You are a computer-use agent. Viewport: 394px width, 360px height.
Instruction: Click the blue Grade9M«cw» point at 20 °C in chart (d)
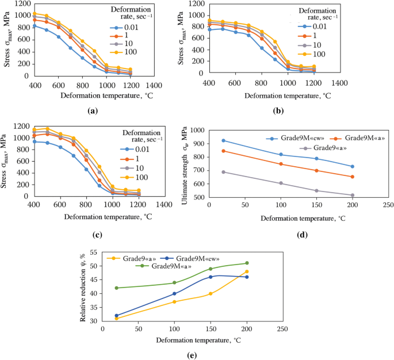pyautogui.click(x=223, y=140)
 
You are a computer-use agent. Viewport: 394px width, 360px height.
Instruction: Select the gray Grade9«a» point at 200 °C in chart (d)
pyautogui.click(x=351, y=195)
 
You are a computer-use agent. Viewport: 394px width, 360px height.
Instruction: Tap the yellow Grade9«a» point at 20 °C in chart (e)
pyautogui.click(x=117, y=318)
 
